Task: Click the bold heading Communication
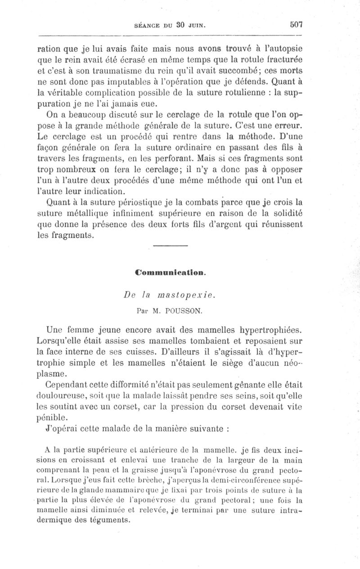[x=171, y=272]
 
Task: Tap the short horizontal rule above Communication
[x=170, y=246]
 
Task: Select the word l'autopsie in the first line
[x=283, y=49]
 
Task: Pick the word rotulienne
[x=238, y=96]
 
